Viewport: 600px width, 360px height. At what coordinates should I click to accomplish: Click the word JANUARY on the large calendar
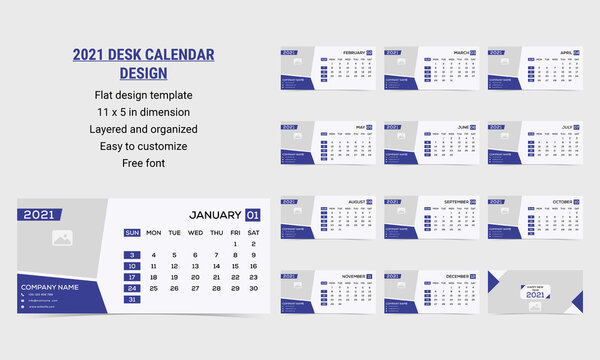pyautogui.click(x=215, y=214)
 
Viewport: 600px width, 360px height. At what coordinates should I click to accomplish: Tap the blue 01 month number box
pyautogui.click(x=253, y=214)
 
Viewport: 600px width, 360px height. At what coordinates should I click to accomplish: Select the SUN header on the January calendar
pyautogui.click(x=132, y=233)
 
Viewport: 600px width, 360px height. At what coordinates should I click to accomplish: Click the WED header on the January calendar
pyautogui.click(x=195, y=233)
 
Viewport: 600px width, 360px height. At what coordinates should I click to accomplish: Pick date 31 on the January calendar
pyautogui.click(x=132, y=299)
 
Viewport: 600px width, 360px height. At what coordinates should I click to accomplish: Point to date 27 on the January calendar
pyautogui.click(x=195, y=288)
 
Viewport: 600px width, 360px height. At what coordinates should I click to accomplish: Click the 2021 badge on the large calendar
pyautogui.click(x=39, y=214)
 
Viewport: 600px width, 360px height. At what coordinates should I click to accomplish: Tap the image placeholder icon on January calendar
pyautogui.click(x=62, y=239)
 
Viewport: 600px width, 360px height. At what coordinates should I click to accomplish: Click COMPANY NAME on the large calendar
pyautogui.click(x=50, y=287)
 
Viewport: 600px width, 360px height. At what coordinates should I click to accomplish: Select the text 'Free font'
pyautogui.click(x=144, y=162)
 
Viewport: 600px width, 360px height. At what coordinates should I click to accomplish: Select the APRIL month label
pyautogui.click(x=565, y=52)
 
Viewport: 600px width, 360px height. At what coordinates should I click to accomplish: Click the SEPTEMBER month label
pyautogui.click(x=456, y=201)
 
